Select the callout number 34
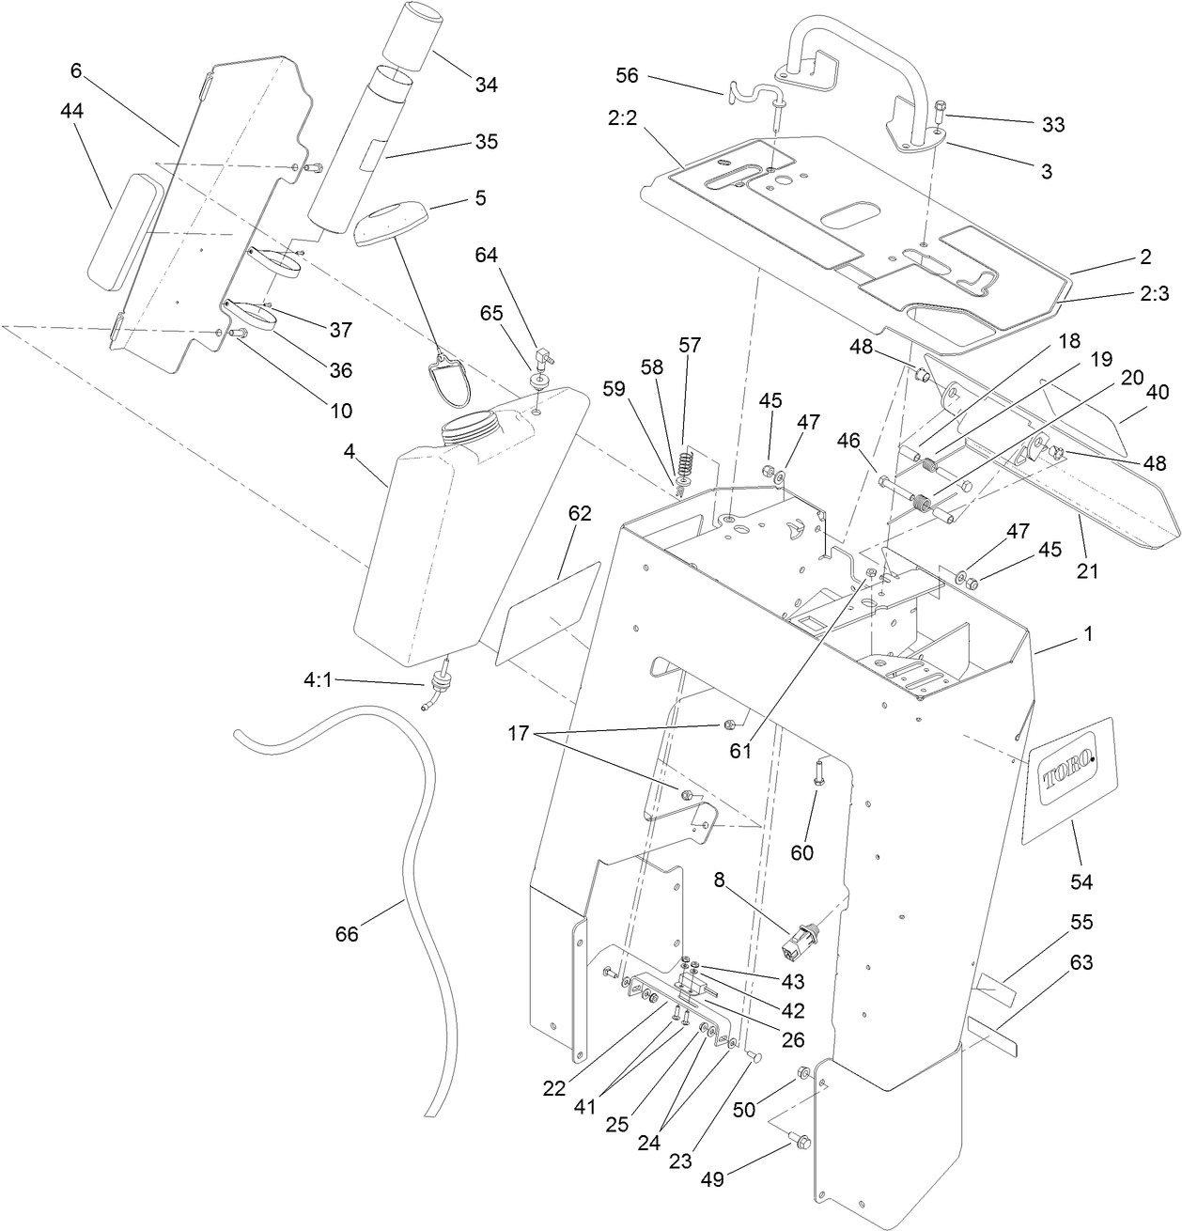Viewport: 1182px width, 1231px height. [486, 85]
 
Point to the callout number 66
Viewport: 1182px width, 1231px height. [347, 934]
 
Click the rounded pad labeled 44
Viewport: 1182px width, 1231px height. [125, 228]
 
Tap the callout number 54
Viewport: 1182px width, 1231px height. [1081, 881]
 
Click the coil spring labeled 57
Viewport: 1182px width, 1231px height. [686, 464]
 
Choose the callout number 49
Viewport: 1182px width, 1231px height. [712, 1179]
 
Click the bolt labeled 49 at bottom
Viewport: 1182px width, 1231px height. [800, 1141]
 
